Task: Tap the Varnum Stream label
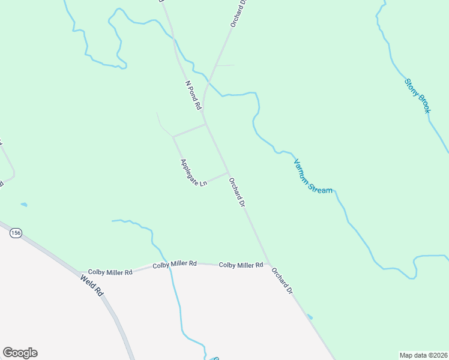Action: tap(313, 176)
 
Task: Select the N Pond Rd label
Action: tap(193, 95)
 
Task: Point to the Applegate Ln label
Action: tap(193, 172)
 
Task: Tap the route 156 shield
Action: tap(16, 233)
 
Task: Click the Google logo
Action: tap(20, 353)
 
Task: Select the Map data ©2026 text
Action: tap(424, 355)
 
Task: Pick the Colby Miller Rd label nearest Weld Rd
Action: tap(110, 272)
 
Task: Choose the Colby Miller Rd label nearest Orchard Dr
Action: tap(241, 265)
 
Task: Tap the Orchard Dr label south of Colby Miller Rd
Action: tap(282, 280)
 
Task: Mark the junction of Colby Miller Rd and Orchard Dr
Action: tap(269, 265)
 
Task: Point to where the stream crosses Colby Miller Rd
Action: tap(171, 266)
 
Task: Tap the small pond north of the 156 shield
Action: tap(24, 205)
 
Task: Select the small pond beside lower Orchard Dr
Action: tap(309, 316)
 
